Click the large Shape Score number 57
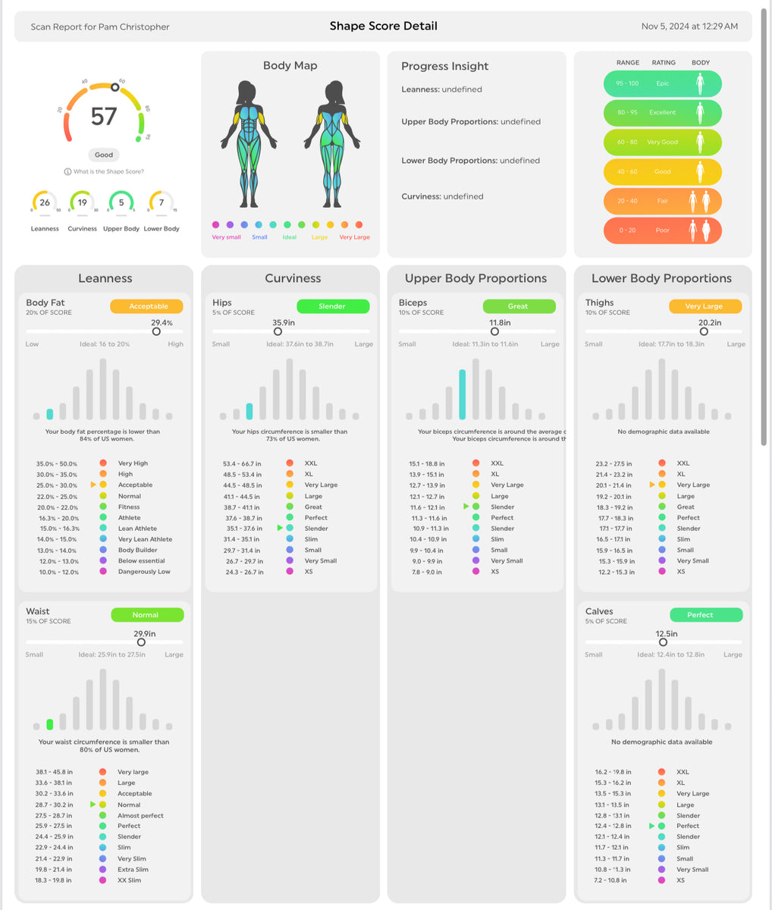pyautogui.click(x=104, y=116)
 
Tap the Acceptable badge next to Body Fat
pyautogui.click(x=146, y=306)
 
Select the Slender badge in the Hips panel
pyautogui.click(x=332, y=306)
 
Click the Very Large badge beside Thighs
pyautogui.click(x=705, y=306)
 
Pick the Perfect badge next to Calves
pyautogui.click(x=705, y=615)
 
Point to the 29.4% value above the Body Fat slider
pyautogui.click(x=162, y=322)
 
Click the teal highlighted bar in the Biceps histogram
pyautogui.click(x=462, y=394)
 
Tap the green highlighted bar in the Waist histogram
pyautogui.click(x=50, y=724)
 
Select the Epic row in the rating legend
pyautogui.click(x=662, y=83)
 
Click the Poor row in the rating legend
pyautogui.click(x=662, y=231)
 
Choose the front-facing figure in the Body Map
pyautogui.click(x=249, y=144)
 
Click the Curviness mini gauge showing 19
pyautogui.click(x=82, y=202)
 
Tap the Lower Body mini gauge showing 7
pyautogui.click(x=161, y=202)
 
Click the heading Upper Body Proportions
pyautogui.click(x=475, y=278)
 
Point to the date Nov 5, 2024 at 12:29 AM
pyautogui.click(x=689, y=26)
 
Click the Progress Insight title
pyautogui.click(x=444, y=66)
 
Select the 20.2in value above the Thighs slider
pyautogui.click(x=709, y=322)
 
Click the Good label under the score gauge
pyautogui.click(x=104, y=155)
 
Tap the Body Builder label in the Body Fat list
pyautogui.click(x=137, y=551)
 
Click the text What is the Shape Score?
pyautogui.click(x=108, y=172)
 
